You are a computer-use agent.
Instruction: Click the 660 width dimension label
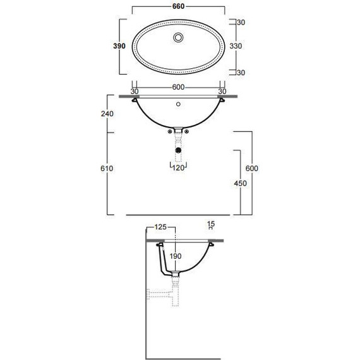(x=178, y=6)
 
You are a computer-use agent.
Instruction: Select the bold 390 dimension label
(x=119, y=46)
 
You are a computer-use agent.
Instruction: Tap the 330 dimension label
(x=236, y=46)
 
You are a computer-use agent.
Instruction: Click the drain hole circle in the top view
(x=178, y=37)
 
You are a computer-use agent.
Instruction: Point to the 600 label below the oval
(x=178, y=87)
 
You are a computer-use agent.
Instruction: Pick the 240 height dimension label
(x=107, y=114)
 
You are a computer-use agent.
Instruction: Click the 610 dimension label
(x=107, y=169)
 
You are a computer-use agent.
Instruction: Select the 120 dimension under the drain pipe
(x=178, y=168)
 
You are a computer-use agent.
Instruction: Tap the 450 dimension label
(x=241, y=183)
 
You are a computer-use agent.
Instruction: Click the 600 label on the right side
(x=252, y=168)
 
